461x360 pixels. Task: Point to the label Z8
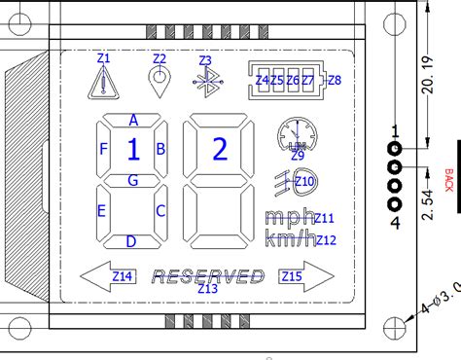coord(335,80)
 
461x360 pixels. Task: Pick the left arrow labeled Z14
coord(111,276)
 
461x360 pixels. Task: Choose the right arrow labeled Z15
coord(301,276)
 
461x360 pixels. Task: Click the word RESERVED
coord(208,276)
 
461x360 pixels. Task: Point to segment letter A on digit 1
coord(132,120)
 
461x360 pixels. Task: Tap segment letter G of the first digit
coord(132,180)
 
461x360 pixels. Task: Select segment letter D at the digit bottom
coord(131,241)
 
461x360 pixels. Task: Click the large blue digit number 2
coord(219,149)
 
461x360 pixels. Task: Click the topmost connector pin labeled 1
coord(395,148)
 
